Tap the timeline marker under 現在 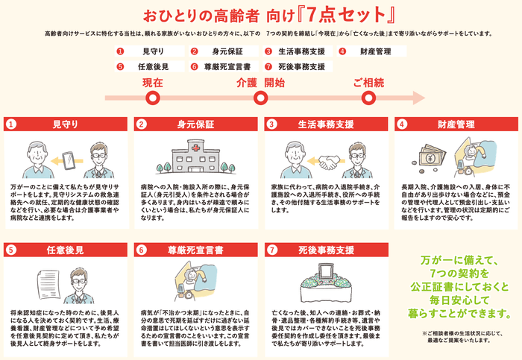pos(153,97)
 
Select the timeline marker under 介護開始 pos(260,97)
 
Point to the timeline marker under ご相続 pos(368,97)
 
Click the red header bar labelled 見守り pos(65,123)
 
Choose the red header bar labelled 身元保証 pos(195,123)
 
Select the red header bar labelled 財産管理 pos(454,123)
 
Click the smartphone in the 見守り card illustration pos(67,161)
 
